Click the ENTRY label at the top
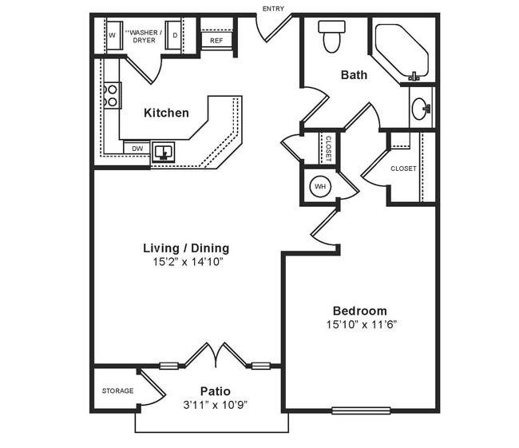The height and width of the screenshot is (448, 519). click(x=272, y=9)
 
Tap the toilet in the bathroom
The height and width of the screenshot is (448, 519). click(x=330, y=36)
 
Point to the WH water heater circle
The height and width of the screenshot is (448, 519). click(x=320, y=187)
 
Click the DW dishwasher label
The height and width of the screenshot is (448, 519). click(x=137, y=149)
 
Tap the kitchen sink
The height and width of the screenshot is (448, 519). click(x=164, y=151)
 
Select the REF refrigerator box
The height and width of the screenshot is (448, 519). click(x=216, y=40)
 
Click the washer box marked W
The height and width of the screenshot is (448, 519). click(x=112, y=36)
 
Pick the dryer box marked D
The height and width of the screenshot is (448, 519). click(x=175, y=36)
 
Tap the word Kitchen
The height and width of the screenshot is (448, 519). click(x=166, y=113)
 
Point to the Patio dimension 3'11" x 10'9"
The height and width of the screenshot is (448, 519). click(x=216, y=405)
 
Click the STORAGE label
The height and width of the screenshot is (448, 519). click(x=117, y=391)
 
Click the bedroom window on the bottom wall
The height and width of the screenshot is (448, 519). click(x=361, y=411)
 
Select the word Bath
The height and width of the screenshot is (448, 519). click(x=354, y=75)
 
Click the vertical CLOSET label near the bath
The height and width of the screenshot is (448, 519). click(x=328, y=148)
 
